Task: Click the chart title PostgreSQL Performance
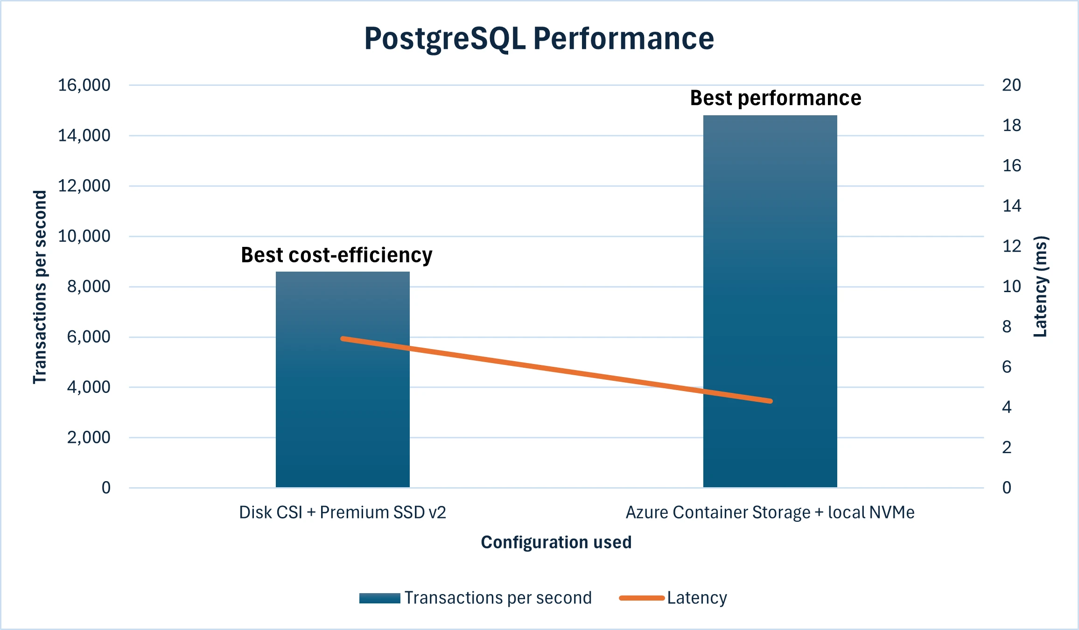tap(539, 38)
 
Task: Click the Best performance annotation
tap(776, 98)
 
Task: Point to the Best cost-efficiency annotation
tap(336, 255)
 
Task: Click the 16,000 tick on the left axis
tap(84, 85)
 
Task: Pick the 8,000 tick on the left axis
tap(89, 287)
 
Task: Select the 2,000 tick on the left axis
tap(89, 438)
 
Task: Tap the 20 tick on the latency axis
tap(1011, 85)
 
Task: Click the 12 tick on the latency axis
tap(1011, 246)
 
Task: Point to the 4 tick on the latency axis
tap(1007, 407)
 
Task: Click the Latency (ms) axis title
tap(1041, 287)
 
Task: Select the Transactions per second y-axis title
tap(40, 287)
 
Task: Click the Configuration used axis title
tap(556, 542)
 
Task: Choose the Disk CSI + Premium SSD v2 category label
tap(343, 512)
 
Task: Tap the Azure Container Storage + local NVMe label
tap(770, 512)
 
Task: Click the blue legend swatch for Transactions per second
tap(379, 598)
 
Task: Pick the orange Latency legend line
tap(642, 598)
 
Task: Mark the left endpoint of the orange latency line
tap(343, 339)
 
